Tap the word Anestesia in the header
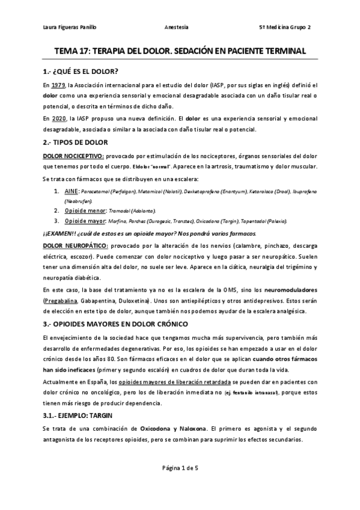pos(175,27)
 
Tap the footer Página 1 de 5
pos(179,484)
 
